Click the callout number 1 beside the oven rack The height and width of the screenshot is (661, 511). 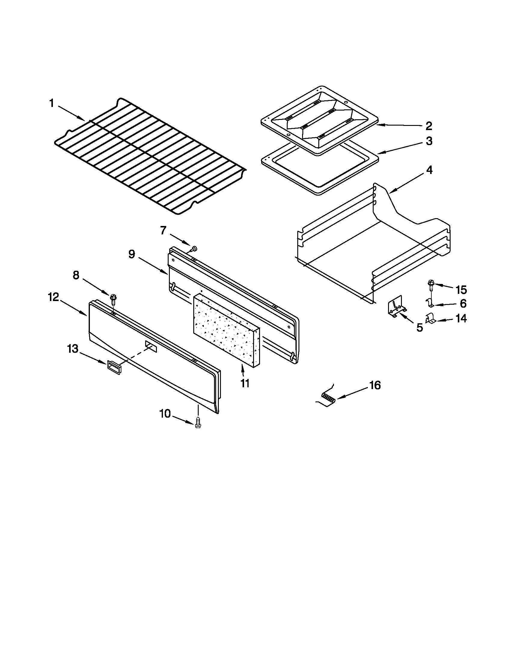click(51, 104)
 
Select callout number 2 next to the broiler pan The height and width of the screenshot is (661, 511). click(429, 126)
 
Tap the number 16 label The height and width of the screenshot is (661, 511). click(375, 385)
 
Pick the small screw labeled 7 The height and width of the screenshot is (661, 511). click(194, 249)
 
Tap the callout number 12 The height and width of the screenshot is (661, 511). click(53, 297)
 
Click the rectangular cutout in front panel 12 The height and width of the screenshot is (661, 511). click(151, 346)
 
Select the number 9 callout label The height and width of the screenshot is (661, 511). click(131, 254)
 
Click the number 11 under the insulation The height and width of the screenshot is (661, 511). click(245, 383)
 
